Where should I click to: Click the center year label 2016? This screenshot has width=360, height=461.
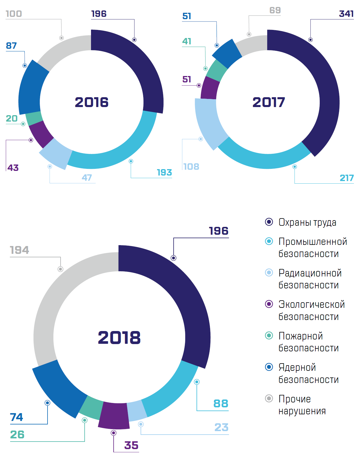pos(92,102)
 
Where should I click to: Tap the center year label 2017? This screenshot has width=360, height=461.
pos(269,102)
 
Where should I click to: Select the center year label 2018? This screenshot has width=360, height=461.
pos(119,338)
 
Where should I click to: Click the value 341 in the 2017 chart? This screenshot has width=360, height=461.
pos(346,14)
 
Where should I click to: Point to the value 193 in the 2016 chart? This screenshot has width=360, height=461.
pos(164,172)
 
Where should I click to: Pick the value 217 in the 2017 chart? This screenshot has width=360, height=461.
pos(346,178)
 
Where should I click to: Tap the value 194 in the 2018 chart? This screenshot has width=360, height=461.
pos(19,250)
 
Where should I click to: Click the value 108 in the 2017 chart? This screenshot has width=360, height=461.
pos(191,167)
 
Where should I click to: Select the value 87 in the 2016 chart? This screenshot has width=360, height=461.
pos(11,46)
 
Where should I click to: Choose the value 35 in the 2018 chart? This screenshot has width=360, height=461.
pos(131,445)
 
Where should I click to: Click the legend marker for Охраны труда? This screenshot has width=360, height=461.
pos(269,222)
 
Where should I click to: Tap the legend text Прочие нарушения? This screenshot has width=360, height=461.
pos(302,405)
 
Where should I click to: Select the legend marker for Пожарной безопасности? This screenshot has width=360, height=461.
pos(269,336)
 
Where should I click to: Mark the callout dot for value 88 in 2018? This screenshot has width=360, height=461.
pos(197,382)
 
